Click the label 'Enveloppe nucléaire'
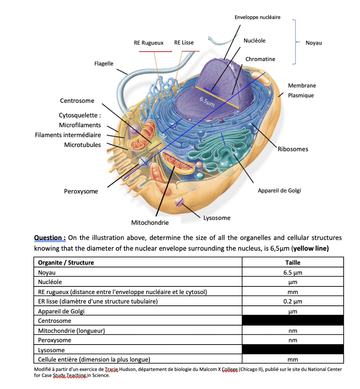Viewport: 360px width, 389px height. click(257, 17)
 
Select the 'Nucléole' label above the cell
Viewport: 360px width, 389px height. click(254, 41)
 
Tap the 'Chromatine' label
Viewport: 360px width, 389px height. click(260, 59)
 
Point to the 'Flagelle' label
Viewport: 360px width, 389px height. click(104, 63)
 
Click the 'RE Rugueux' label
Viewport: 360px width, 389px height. click(148, 43)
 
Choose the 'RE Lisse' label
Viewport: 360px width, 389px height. click(184, 43)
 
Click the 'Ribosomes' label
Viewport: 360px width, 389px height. click(293, 149)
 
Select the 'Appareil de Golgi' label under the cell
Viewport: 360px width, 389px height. click(279, 191)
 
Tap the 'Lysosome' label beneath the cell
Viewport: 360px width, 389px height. click(217, 218)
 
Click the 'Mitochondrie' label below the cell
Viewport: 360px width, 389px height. click(150, 223)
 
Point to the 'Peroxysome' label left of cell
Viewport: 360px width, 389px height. click(81, 191)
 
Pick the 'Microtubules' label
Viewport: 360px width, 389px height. click(82, 145)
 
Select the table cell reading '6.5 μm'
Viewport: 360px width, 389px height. click(292, 273)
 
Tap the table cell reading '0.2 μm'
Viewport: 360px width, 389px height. click(292, 302)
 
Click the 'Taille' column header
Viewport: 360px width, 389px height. click(292, 262)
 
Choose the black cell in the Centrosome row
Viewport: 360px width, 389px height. click(292, 321)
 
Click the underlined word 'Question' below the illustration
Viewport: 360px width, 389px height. click(50, 238)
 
